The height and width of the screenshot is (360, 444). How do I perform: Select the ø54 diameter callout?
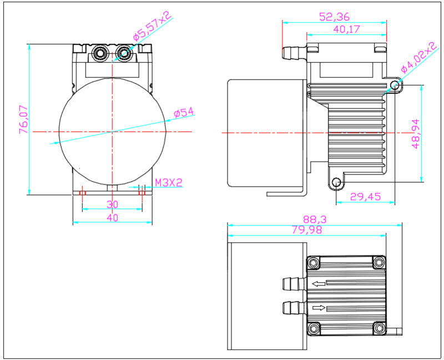click(x=184, y=113)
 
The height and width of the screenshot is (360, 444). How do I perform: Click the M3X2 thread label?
click(x=169, y=182)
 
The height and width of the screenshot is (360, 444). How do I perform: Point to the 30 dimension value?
click(x=113, y=204)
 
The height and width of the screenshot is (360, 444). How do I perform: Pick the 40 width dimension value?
click(x=113, y=218)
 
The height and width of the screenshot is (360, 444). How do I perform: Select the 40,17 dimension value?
click(x=347, y=29)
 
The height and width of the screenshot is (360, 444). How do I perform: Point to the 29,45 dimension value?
click(x=366, y=196)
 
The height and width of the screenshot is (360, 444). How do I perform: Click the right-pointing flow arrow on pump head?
click(x=319, y=308)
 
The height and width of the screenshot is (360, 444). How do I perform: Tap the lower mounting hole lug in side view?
click(x=336, y=182)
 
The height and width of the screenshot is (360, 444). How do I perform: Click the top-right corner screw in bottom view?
click(x=379, y=262)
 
